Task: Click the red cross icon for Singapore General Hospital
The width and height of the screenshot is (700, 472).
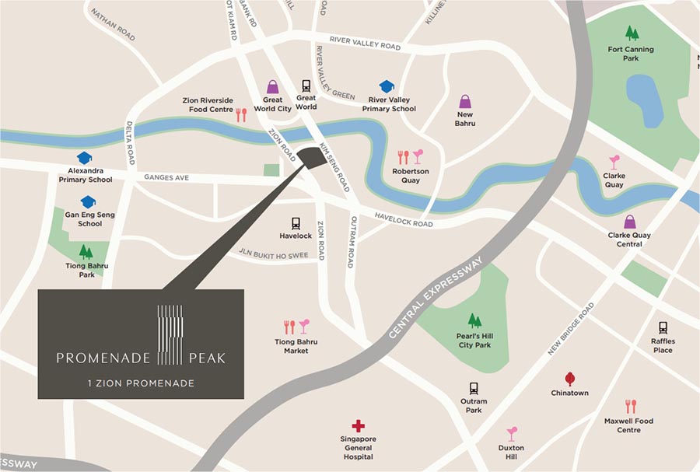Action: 358,425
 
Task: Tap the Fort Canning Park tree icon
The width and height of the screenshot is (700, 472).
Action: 632,33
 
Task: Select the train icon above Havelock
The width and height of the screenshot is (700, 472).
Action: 296,224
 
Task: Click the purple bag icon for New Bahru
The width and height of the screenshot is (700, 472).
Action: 465,102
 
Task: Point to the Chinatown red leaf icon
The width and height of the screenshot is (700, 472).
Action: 569,379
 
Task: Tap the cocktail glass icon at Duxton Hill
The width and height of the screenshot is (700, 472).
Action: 512,434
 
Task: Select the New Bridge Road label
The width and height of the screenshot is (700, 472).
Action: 570,329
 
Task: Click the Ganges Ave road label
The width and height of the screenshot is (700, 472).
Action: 166,177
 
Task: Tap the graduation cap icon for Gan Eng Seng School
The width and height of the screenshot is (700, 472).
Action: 89,202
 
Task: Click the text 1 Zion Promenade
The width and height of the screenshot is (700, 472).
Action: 141,383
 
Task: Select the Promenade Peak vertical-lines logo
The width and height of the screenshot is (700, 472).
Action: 170,334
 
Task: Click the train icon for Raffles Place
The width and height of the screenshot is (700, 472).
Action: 663,328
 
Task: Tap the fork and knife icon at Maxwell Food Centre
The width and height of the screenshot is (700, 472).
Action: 630,407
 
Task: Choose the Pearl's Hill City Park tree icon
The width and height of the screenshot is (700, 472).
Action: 474,320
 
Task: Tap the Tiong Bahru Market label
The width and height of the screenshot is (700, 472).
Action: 296,346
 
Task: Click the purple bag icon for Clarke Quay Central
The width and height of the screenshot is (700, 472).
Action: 629,222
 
